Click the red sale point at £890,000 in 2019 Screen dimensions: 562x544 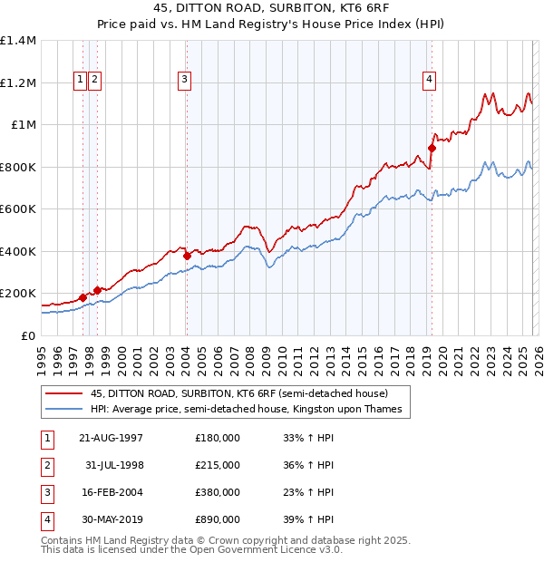click(x=432, y=148)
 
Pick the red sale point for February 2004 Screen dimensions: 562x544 click(x=187, y=256)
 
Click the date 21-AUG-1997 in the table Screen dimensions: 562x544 click(x=111, y=438)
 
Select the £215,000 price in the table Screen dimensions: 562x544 click(x=218, y=464)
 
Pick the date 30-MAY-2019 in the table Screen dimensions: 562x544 click(x=111, y=519)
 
